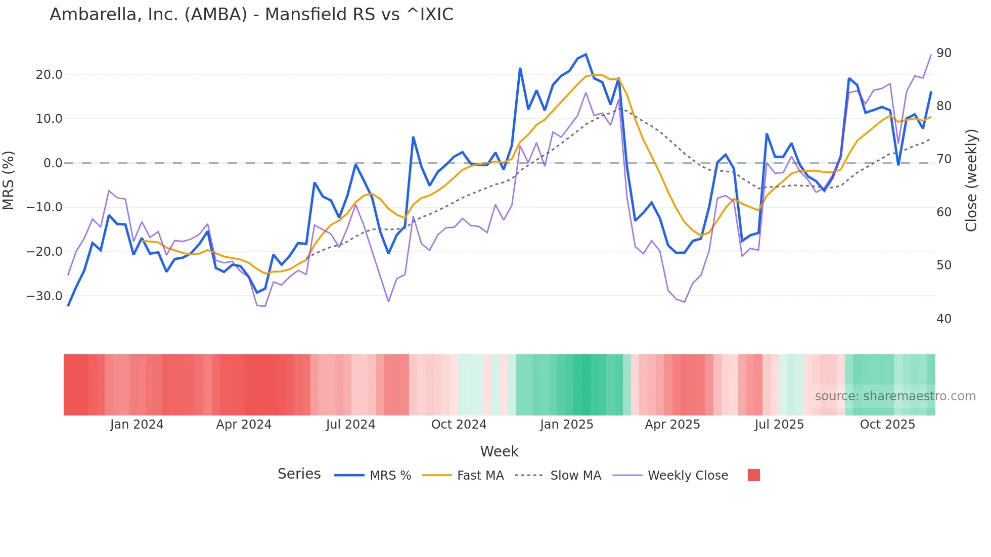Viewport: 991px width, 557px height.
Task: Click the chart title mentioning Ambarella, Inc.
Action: pos(251,15)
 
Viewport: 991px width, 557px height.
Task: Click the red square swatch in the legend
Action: pos(753,475)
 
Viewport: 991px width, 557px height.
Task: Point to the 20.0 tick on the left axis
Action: pos(49,75)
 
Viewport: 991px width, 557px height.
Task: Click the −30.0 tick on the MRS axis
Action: pos(44,296)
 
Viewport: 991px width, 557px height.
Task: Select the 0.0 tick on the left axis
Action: pos(53,163)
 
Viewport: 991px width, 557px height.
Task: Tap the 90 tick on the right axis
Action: pos(943,53)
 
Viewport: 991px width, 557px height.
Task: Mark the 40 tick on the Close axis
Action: pos(943,319)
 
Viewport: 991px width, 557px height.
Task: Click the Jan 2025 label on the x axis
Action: pos(566,425)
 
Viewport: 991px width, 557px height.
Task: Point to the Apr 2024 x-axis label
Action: pos(244,425)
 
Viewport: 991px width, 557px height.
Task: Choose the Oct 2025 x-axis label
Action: pos(887,425)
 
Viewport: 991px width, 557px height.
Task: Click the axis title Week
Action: pos(499,451)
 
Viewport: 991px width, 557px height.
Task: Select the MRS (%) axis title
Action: pos(9,180)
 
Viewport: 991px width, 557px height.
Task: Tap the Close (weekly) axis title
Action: pos(971,180)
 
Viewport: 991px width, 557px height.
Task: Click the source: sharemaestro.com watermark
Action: pos(895,396)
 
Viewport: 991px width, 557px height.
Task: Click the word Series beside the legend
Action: pos(299,474)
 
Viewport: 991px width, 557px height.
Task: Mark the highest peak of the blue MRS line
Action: pos(585,54)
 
